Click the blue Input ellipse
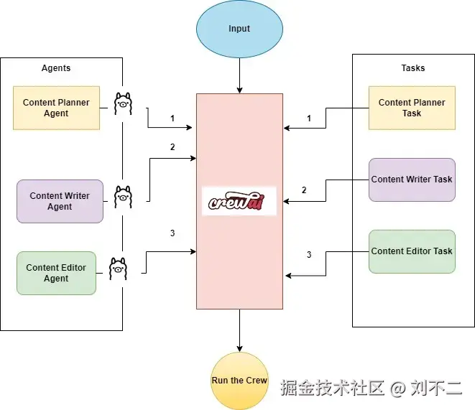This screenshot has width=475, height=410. coord(239,29)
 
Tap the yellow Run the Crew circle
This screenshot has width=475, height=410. coord(239,380)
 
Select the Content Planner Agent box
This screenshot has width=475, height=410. coord(56,108)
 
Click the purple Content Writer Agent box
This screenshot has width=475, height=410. coord(60,201)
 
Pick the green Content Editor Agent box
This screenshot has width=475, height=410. coord(56,273)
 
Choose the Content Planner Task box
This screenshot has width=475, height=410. coord(412,108)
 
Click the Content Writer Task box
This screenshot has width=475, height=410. coord(412,180)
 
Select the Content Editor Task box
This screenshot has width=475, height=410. coord(412,251)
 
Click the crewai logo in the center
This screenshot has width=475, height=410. coord(239,201)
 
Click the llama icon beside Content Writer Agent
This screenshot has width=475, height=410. coord(124,196)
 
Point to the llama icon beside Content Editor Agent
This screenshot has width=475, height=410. coord(118,270)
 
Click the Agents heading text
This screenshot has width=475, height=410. coord(56,68)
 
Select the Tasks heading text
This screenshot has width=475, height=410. coord(412,68)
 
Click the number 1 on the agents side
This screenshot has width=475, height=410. coord(172,118)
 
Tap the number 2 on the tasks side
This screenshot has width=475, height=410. coord(304,190)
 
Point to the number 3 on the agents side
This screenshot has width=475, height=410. coord(172,233)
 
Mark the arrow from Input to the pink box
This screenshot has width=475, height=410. coord(239,75)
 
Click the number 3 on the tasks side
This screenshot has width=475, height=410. coord(309,255)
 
